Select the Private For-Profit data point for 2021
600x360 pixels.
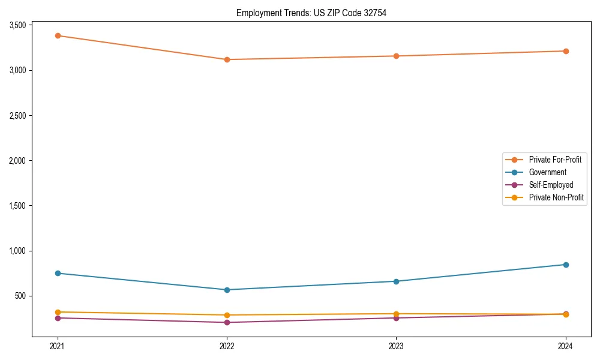click(x=58, y=35)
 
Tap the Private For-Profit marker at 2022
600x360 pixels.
click(x=227, y=59)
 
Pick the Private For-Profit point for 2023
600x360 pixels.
click(x=396, y=56)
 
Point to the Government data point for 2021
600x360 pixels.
click(x=58, y=273)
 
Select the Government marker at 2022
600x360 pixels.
click(x=227, y=290)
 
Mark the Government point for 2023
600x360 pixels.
click(x=396, y=281)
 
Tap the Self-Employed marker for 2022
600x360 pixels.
click(x=227, y=322)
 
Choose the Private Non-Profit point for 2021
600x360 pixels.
click(x=58, y=312)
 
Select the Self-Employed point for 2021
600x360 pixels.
click(x=58, y=318)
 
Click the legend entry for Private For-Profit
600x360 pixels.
click(x=554, y=160)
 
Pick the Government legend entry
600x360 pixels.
click(x=547, y=172)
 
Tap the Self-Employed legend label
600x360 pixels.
click(x=551, y=185)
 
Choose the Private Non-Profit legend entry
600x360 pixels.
click(x=556, y=197)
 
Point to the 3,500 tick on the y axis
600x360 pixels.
click(x=17, y=25)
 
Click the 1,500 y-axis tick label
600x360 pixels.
click(x=17, y=206)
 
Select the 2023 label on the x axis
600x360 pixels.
click(x=396, y=346)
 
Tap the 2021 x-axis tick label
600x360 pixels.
click(x=58, y=346)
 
